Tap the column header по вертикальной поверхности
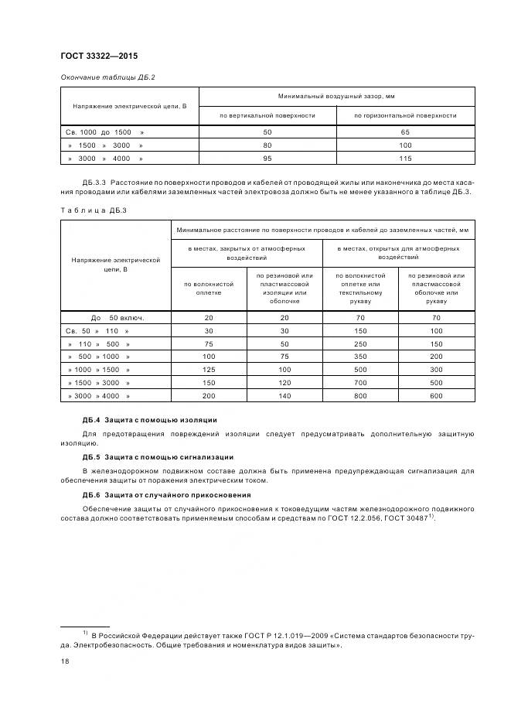[267, 115]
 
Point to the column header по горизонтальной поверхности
[405, 115]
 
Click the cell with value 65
[405, 133]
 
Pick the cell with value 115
[405, 159]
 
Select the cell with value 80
[267, 145]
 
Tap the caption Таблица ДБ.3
[87, 210]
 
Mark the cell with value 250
[360, 343]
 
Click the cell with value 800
[360, 395]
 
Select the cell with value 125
[208, 370]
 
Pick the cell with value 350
[360, 357]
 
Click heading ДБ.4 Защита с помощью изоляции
[149, 420]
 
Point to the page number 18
[65, 661]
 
